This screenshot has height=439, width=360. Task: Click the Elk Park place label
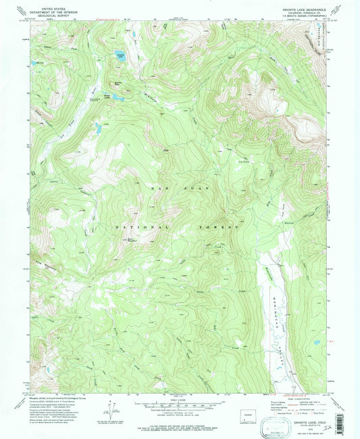[x=244, y=161]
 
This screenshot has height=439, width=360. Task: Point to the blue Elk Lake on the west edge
[x=33, y=64]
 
